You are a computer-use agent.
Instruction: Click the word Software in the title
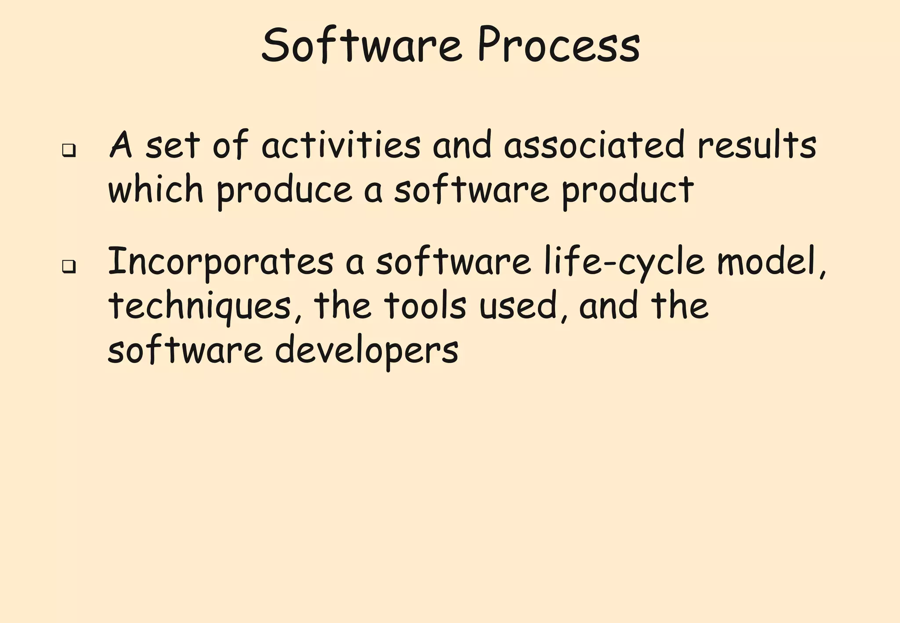click(361, 45)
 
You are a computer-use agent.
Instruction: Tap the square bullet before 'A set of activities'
click(68, 151)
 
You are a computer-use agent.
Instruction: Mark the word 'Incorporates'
click(220, 263)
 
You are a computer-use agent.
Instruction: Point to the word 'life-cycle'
click(624, 263)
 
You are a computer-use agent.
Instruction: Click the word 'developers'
click(367, 351)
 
